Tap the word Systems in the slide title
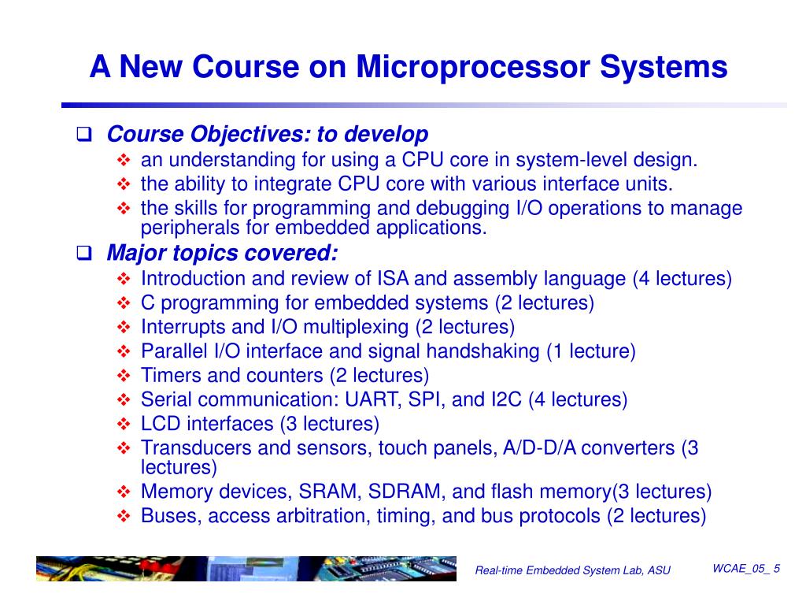664,66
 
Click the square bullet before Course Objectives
84,135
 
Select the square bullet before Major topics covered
84,254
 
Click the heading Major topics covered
223,253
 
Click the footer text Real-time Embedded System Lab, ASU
572,570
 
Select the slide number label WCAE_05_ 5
745,569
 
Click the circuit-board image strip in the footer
246,569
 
